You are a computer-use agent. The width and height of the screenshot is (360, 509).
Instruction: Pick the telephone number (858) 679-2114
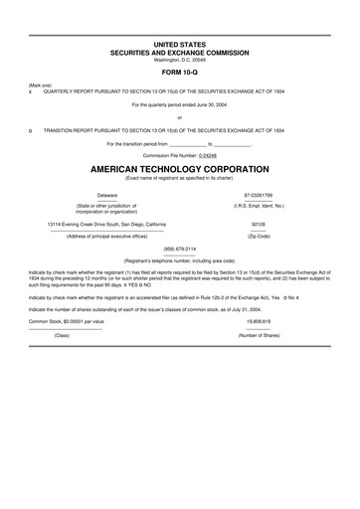coord(180,248)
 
